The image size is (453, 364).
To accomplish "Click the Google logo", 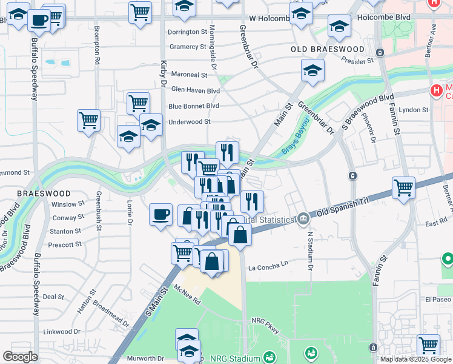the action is pyautogui.click(x=20, y=357).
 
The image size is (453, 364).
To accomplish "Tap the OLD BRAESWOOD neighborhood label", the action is pyautogui.click(x=327, y=49).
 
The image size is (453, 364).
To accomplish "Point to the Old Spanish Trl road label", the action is pyautogui.click(x=343, y=207).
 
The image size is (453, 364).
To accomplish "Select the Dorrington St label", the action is pyautogui.click(x=188, y=32).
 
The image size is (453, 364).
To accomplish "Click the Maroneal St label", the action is pyautogui.click(x=189, y=75).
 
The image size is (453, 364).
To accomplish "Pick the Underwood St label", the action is pyautogui.click(x=189, y=121).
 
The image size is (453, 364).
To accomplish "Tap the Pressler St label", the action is pyautogui.click(x=357, y=61).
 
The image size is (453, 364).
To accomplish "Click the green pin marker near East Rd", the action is pyautogui.click(x=448, y=259).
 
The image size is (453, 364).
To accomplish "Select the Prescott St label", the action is pyautogui.click(x=65, y=244).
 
